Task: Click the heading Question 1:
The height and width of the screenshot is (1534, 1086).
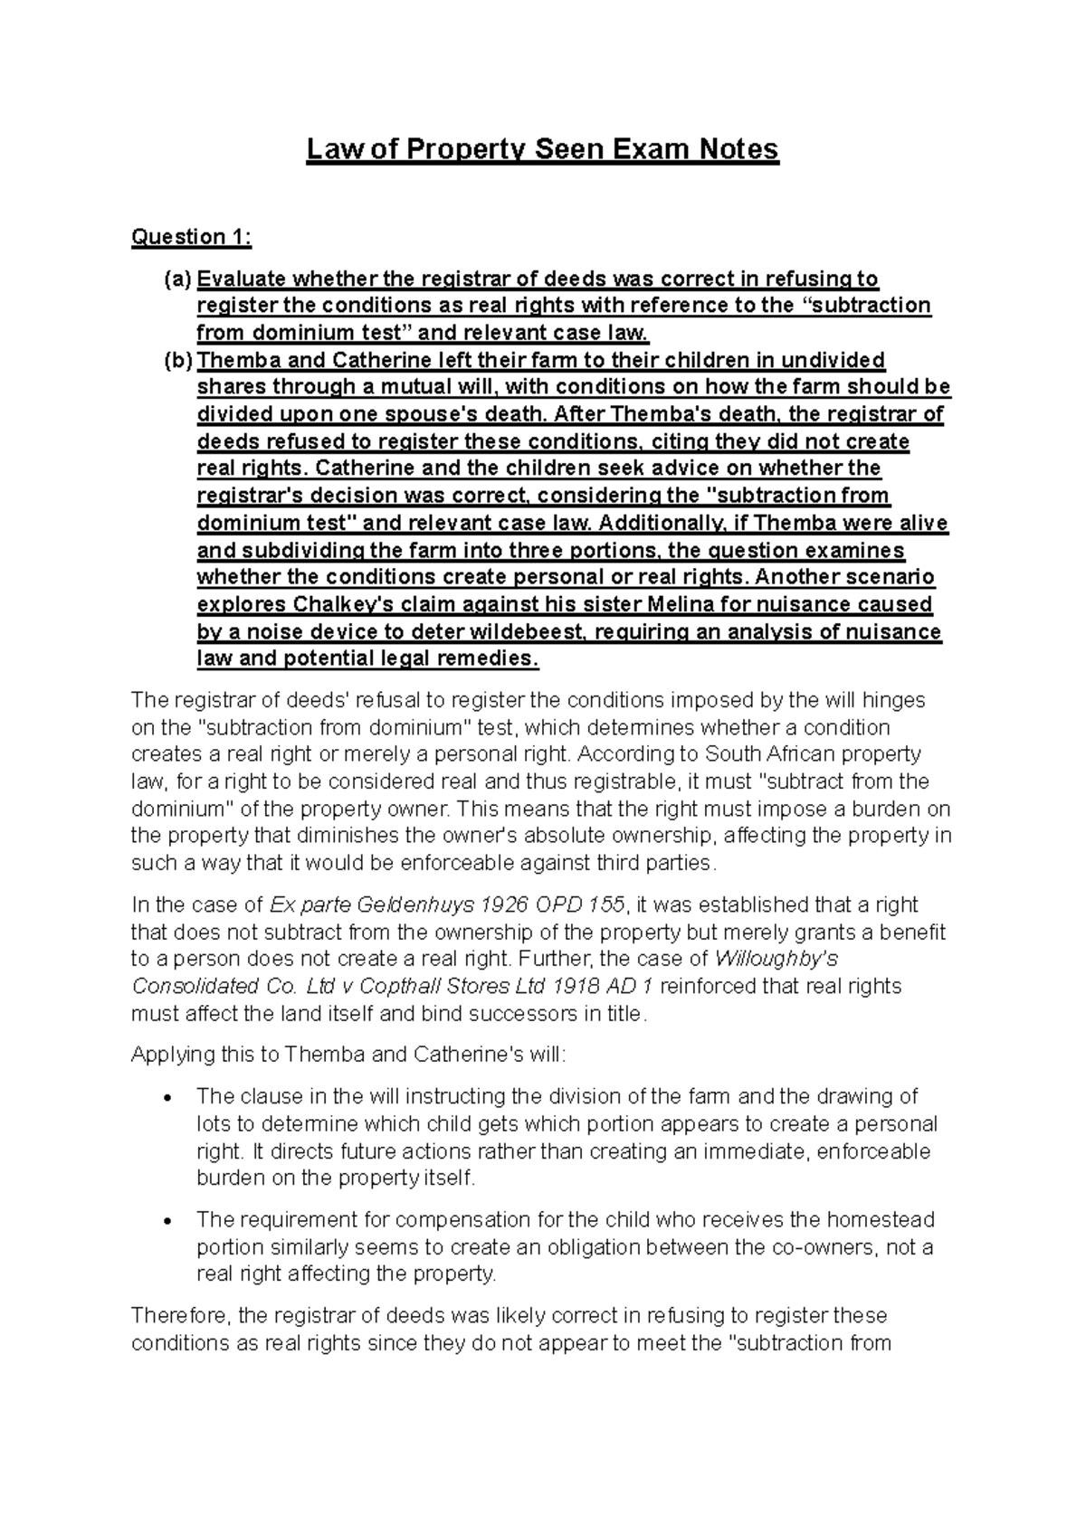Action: [191, 237]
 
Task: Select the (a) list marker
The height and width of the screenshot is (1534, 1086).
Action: [177, 279]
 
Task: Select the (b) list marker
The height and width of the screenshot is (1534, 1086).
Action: [177, 361]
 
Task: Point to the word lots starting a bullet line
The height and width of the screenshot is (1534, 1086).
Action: [214, 1124]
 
